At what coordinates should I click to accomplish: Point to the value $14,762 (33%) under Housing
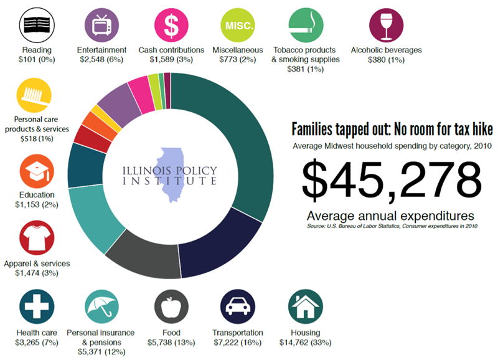pos(306,343)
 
